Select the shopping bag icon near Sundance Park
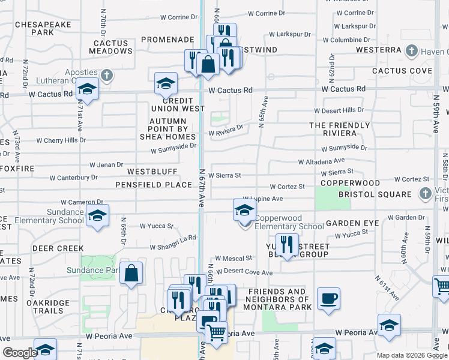(x=131, y=274)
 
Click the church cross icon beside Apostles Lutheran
(x=107, y=75)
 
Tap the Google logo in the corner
(x=19, y=353)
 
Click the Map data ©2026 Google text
(x=412, y=355)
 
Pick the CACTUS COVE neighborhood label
(x=402, y=71)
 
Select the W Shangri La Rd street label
(x=173, y=239)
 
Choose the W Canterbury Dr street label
(x=73, y=178)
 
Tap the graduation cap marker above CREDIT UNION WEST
(x=166, y=84)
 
